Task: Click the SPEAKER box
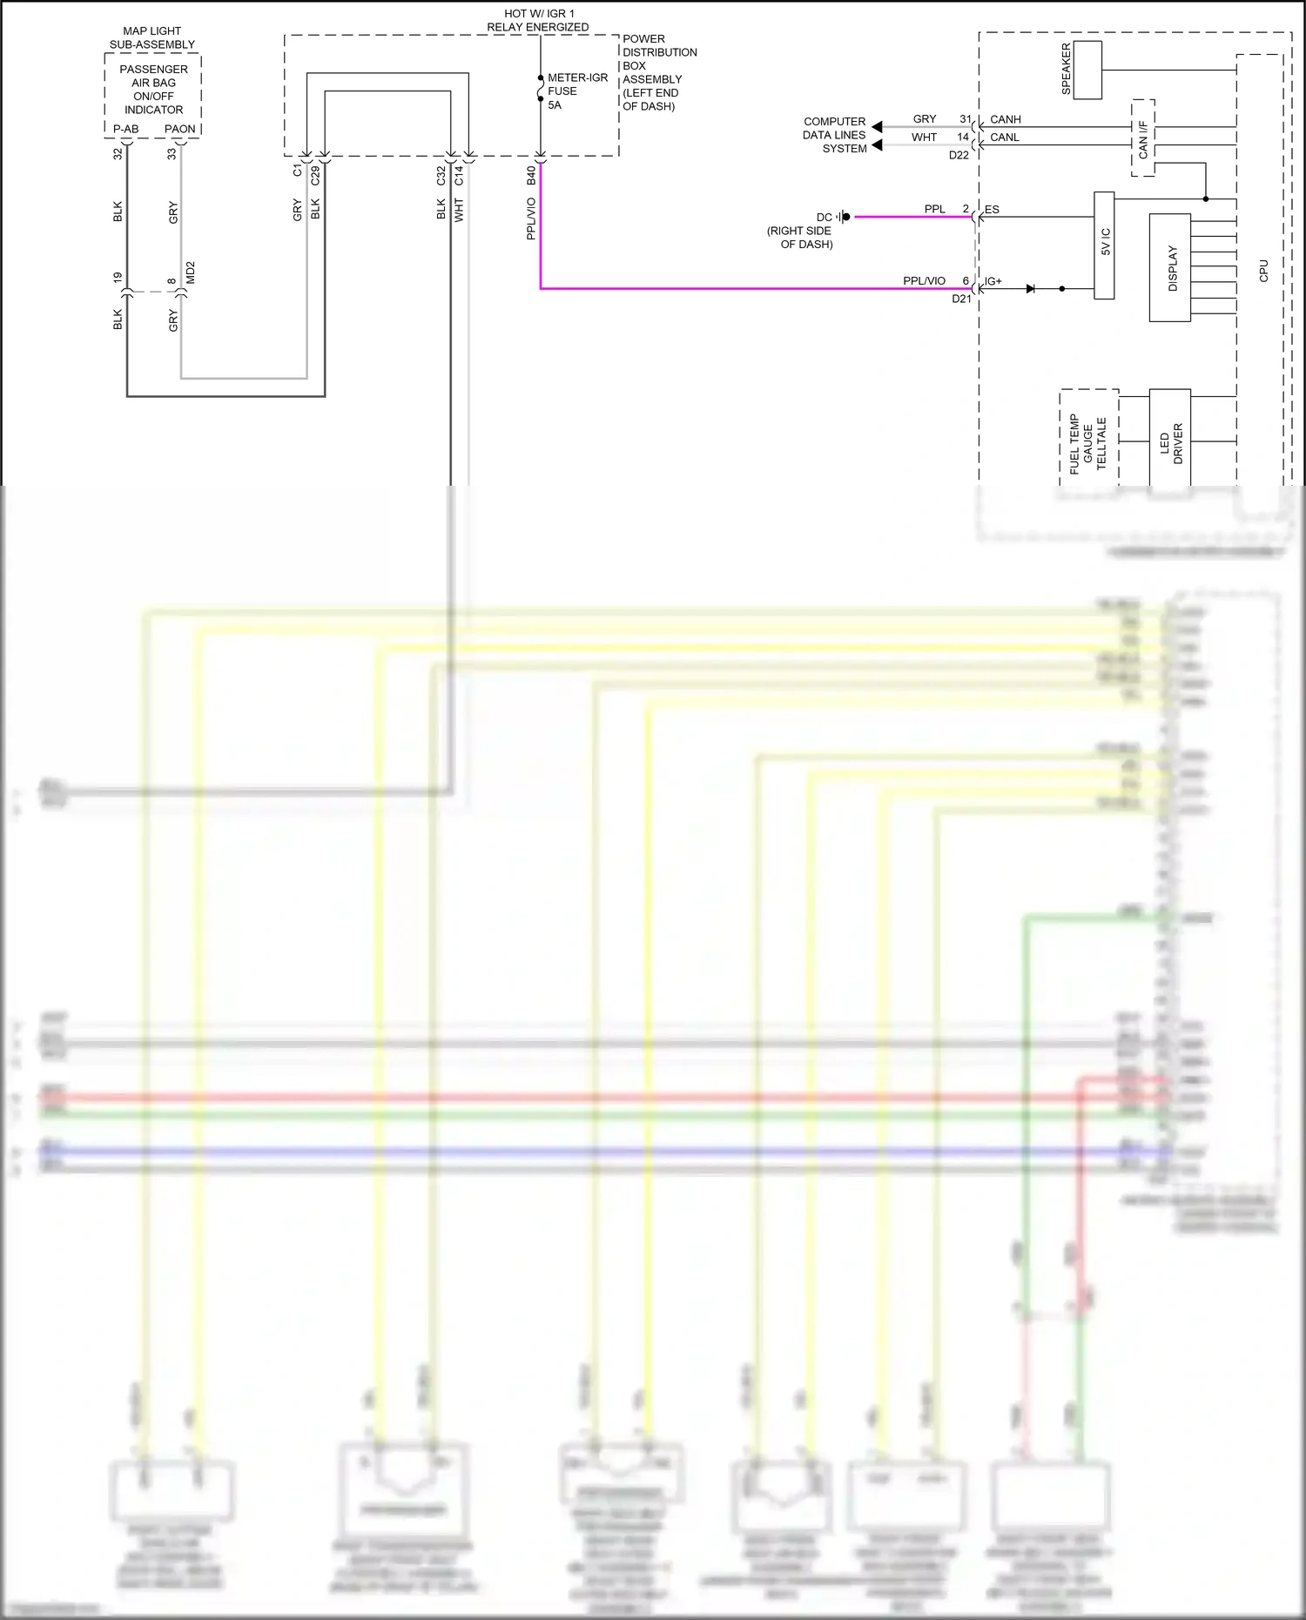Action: [x=1087, y=70]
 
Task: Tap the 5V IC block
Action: [x=1104, y=245]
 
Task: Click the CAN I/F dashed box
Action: [x=1143, y=138]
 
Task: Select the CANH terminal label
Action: [x=1005, y=119]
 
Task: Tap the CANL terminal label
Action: [x=1004, y=138]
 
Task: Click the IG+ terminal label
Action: [x=993, y=281]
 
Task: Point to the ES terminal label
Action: [x=992, y=210]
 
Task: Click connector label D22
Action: [x=959, y=155]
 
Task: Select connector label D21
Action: [x=961, y=299]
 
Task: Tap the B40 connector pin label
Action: [x=531, y=175]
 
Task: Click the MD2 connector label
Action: [x=191, y=272]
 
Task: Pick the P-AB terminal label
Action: [x=125, y=129]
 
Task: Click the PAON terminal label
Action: [x=180, y=129]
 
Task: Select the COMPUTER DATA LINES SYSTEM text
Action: [x=834, y=135]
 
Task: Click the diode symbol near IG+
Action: [x=1031, y=288]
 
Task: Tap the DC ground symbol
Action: [x=843, y=217]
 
